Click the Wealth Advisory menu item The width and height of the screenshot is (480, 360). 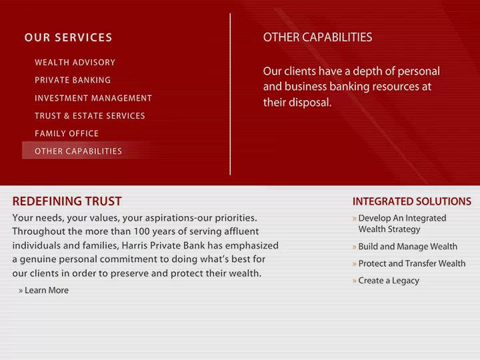point(75,63)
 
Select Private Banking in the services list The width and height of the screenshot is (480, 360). point(73,80)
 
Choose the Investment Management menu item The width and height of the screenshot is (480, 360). point(93,98)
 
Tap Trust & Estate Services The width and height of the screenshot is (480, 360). point(90,116)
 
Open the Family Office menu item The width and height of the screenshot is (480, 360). point(67,133)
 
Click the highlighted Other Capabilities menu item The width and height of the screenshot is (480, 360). point(79,151)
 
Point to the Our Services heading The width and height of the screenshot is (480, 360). point(68,37)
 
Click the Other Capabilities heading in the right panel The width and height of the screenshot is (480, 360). point(317,37)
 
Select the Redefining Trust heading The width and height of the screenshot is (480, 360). point(67,201)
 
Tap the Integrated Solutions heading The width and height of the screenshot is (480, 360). point(412,201)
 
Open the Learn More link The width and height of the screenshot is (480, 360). point(43,290)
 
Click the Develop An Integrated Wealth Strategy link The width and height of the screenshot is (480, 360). point(402,223)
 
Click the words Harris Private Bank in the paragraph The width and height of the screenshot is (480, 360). point(163,245)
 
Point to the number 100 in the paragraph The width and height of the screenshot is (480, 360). point(142,231)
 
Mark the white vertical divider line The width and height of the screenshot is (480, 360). point(230,94)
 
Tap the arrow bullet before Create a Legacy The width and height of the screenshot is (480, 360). point(354,281)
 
